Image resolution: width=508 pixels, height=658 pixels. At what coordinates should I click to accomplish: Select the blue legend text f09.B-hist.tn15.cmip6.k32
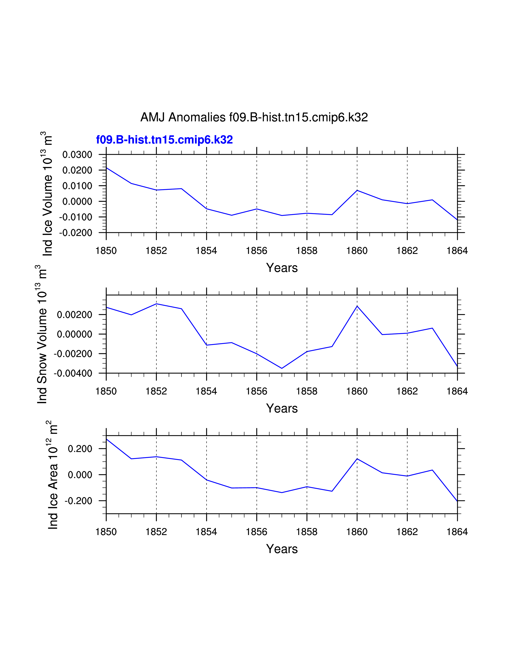(x=164, y=140)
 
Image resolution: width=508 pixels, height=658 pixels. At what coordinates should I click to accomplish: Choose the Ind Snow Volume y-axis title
(x=42, y=334)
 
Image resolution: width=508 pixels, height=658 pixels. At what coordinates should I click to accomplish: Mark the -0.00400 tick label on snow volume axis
(x=73, y=373)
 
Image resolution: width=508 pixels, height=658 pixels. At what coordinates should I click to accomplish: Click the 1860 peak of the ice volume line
(x=357, y=190)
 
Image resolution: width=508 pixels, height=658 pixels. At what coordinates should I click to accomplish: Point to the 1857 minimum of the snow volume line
(x=282, y=368)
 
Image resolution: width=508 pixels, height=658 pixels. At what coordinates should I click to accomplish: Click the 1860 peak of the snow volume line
(x=357, y=306)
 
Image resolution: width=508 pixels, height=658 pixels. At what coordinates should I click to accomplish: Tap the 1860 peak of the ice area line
(x=357, y=459)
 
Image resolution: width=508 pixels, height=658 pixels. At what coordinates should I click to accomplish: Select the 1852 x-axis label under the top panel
(x=156, y=251)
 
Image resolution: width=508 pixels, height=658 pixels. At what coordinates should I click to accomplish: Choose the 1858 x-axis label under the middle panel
(x=307, y=391)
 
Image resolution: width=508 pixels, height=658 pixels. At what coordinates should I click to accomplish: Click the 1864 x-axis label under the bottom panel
(x=457, y=532)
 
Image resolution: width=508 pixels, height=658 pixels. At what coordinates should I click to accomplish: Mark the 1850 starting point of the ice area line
(x=107, y=439)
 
